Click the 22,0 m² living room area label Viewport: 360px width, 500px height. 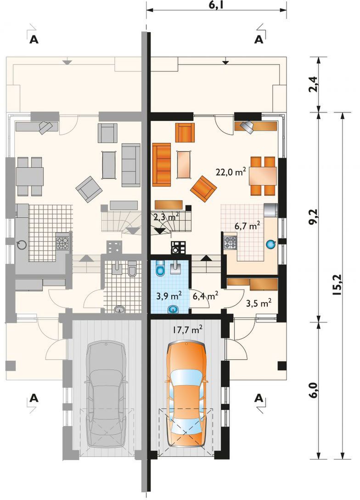point(231,172)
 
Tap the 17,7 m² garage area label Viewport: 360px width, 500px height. point(188,330)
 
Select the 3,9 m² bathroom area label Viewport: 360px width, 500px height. point(169,295)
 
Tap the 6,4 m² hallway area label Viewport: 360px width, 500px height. point(206,295)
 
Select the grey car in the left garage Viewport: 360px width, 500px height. point(106,394)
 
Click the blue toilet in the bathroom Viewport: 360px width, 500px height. point(160,267)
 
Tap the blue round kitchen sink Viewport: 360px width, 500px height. point(270,244)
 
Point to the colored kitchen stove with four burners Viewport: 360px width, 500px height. point(231,242)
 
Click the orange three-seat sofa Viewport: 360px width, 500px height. point(162,165)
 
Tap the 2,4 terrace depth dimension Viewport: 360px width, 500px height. point(314,84)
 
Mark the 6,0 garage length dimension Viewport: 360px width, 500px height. point(314,390)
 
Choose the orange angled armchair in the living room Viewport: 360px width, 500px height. point(203,189)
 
